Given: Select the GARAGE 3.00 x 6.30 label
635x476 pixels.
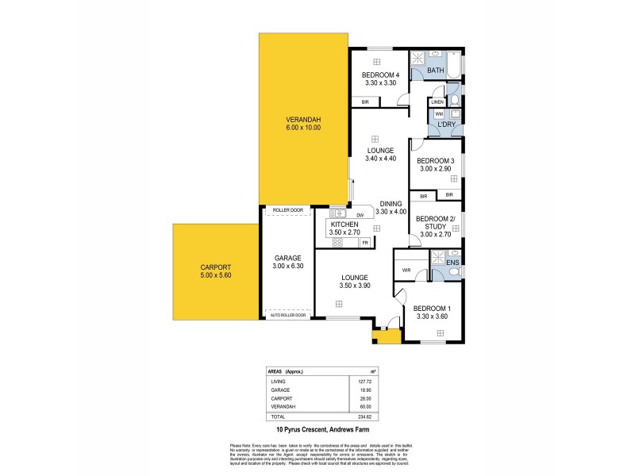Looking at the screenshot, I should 288,263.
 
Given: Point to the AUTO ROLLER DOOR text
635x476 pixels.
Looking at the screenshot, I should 287,315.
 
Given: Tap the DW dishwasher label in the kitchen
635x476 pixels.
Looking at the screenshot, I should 360,215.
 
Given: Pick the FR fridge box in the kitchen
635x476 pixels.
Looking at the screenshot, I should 364,242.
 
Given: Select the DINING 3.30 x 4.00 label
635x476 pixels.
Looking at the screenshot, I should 391,207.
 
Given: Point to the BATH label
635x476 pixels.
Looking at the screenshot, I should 436,71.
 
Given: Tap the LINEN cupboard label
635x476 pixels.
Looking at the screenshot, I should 437,102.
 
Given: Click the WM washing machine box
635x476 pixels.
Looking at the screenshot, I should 438,115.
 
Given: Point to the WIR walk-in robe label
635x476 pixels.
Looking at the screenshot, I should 406,271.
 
